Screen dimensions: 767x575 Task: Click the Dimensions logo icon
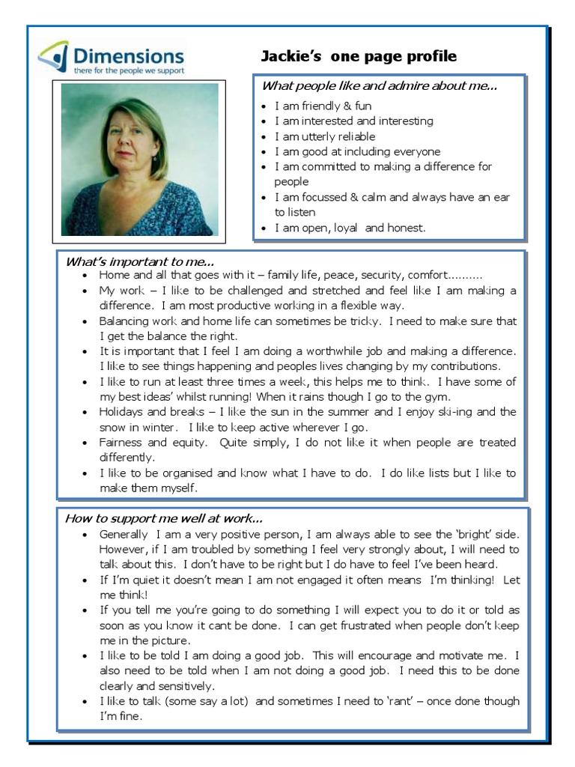(53, 56)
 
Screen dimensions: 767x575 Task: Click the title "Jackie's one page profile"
(358, 57)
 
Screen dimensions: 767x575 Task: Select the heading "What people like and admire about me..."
(379, 86)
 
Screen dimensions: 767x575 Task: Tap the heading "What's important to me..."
(140, 261)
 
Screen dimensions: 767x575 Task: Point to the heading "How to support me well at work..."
(164, 518)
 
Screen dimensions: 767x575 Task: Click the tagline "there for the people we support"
(128, 70)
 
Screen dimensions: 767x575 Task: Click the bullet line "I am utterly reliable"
(324, 136)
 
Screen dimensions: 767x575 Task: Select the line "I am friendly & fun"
(322, 106)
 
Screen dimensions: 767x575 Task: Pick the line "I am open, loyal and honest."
(350, 228)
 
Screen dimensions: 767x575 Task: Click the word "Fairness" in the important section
(121, 443)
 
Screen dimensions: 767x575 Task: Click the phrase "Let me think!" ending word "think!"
(132, 595)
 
